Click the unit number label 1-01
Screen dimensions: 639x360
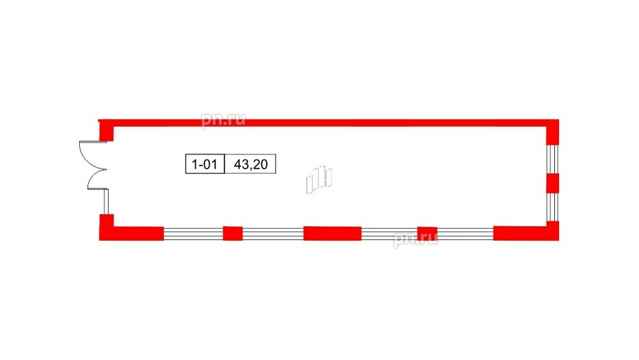[205, 165]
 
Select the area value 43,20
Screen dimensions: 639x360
[251, 165]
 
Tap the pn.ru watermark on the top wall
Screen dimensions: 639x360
[223, 120]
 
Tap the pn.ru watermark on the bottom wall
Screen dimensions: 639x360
[416, 239]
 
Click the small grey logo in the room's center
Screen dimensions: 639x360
[319, 180]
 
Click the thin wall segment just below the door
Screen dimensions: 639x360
[106, 202]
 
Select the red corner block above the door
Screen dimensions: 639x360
[106, 130]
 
